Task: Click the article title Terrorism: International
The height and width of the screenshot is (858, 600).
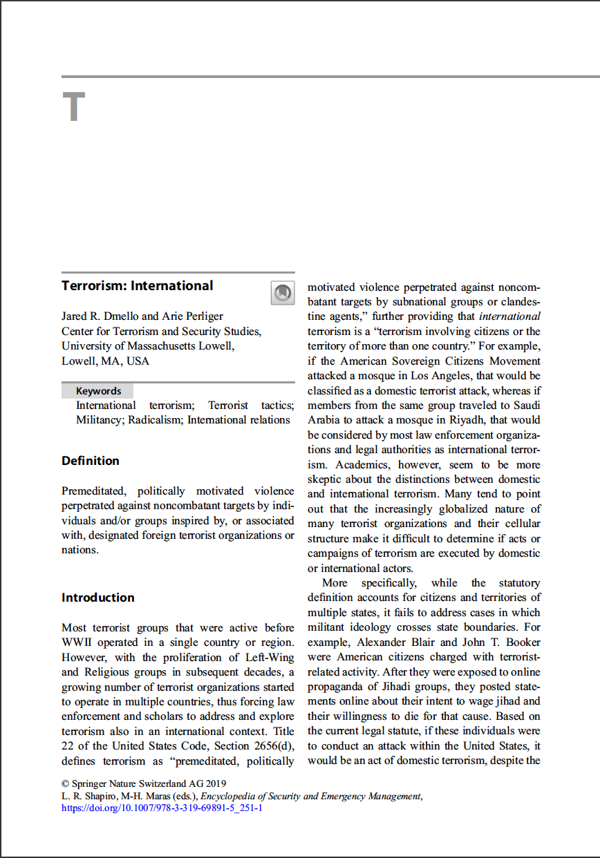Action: pos(137,286)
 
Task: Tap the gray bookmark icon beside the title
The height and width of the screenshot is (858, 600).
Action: pos(282,293)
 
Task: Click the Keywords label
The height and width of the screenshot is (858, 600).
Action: pos(98,391)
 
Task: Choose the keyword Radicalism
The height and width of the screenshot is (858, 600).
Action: pos(156,420)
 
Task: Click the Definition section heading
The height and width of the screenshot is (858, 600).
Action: pos(90,461)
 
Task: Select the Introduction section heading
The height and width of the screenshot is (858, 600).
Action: pos(97,598)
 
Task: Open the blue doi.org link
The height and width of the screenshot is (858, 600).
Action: pos(162,808)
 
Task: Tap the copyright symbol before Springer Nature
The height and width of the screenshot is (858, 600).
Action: pos(66,784)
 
